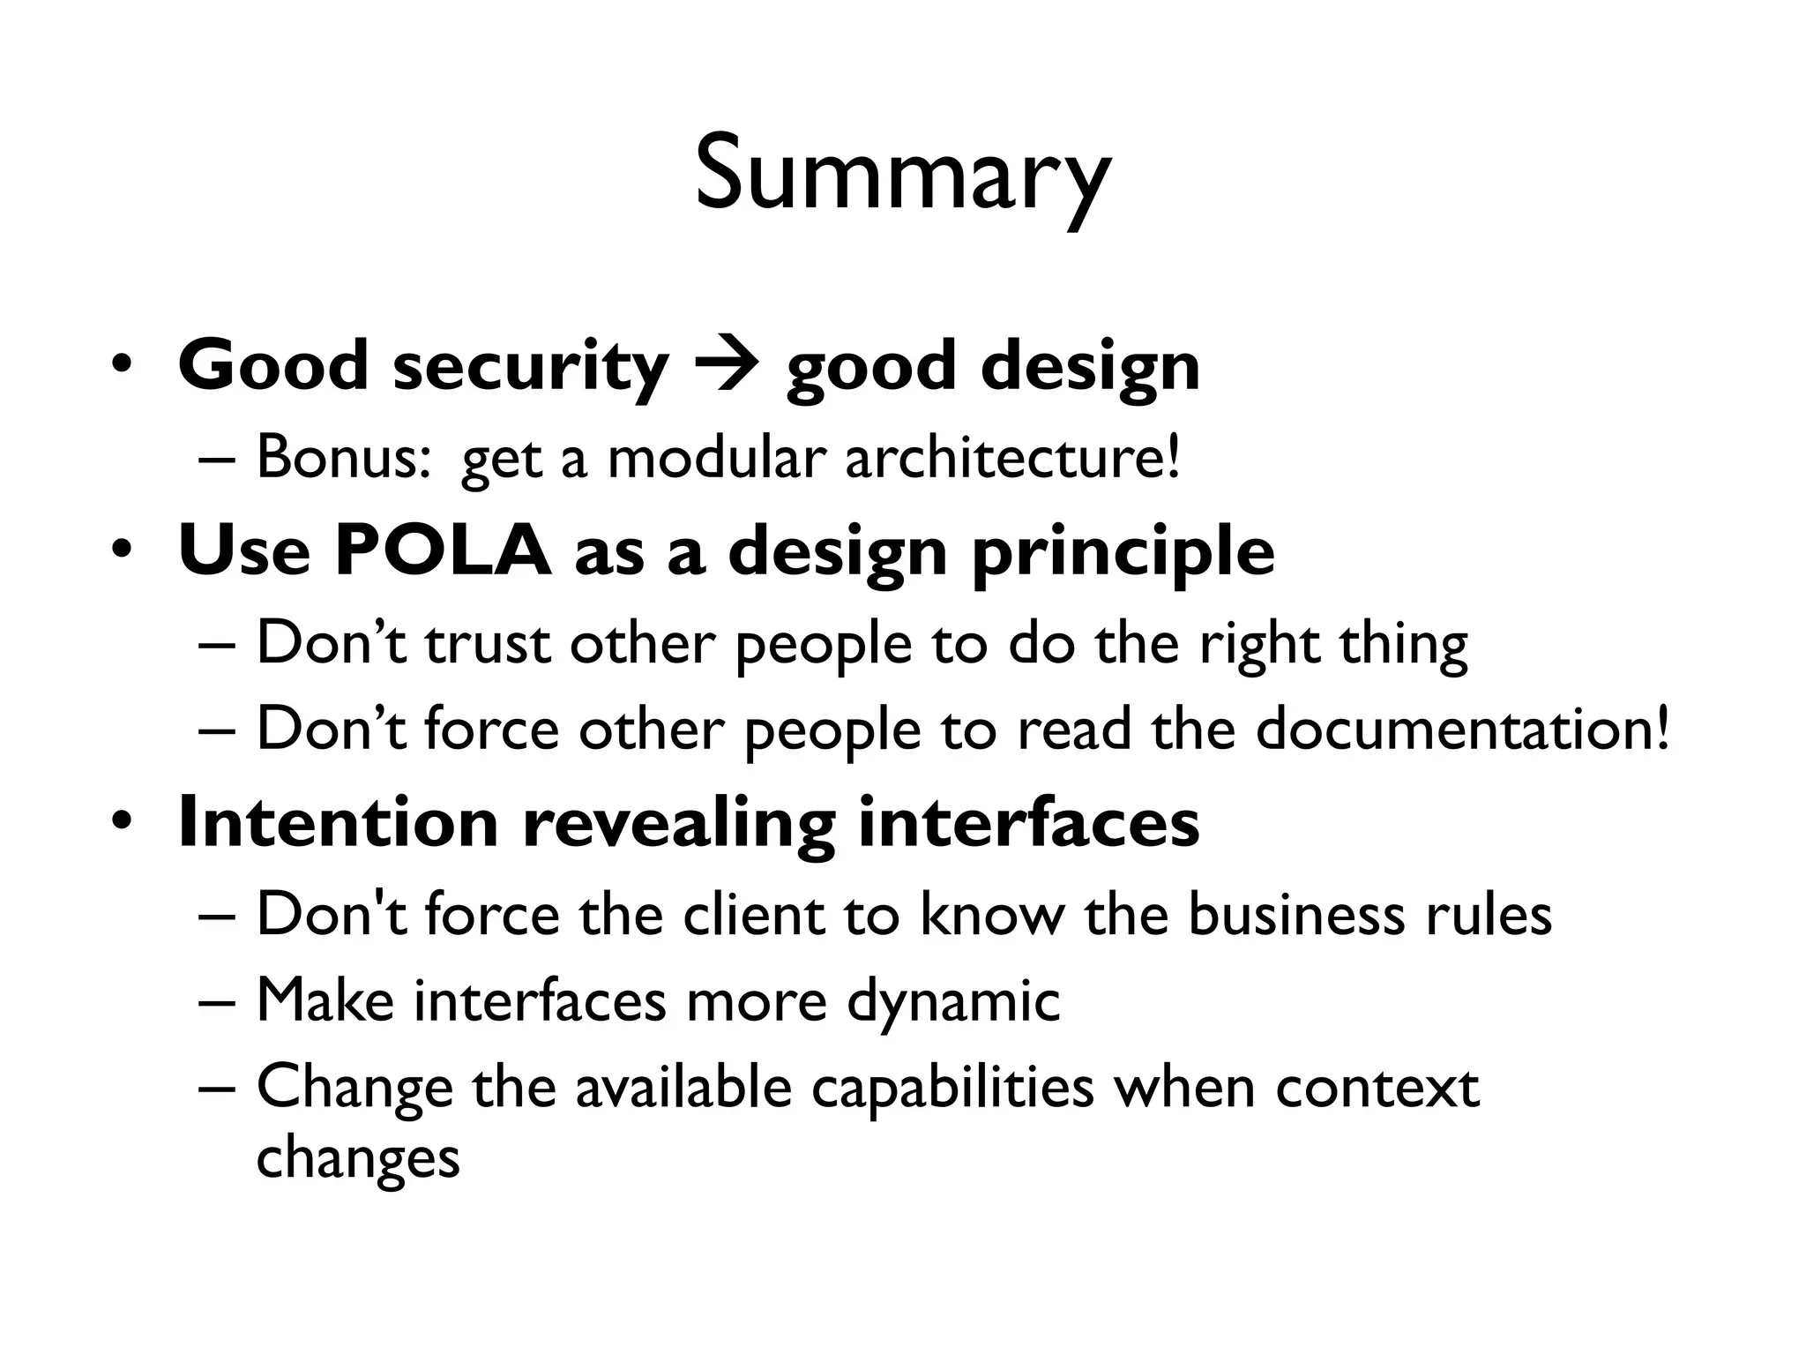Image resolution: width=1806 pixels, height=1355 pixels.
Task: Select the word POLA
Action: click(x=443, y=550)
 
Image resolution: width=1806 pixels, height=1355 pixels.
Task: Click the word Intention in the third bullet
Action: click(x=339, y=822)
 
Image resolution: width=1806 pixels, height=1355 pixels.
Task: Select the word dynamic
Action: click(x=953, y=1001)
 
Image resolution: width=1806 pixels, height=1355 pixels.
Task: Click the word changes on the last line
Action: click(x=358, y=1157)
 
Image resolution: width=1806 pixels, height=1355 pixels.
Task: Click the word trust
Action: click(x=488, y=644)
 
